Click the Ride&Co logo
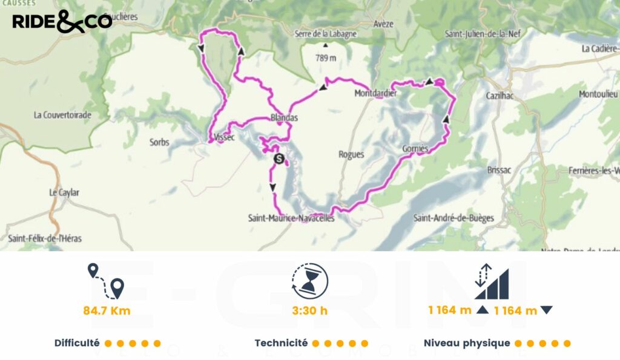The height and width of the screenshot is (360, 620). tap(62, 21)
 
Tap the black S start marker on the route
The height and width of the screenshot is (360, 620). tap(279, 159)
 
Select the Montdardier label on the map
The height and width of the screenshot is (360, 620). tap(375, 94)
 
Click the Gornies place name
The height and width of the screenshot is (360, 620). tap(415, 149)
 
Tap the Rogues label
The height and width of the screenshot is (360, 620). tap(351, 154)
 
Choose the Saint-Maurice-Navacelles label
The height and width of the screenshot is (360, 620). tap(291, 218)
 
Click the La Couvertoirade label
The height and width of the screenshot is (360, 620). tap(62, 114)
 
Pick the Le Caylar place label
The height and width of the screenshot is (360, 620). tap(64, 192)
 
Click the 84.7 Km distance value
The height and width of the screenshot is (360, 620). tap(107, 311)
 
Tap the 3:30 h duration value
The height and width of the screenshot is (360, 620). tap(310, 311)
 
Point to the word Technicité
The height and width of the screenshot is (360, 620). tap(281, 343)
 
